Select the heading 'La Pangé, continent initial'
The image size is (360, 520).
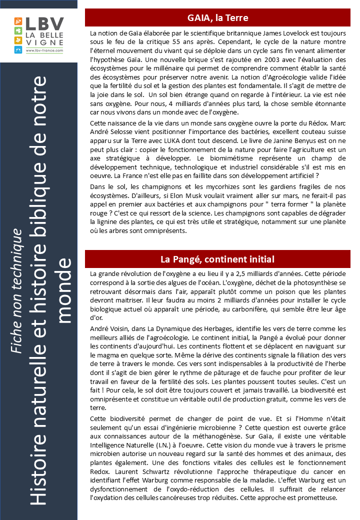[x=217, y=259]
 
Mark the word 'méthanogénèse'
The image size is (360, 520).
[x=198, y=436]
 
